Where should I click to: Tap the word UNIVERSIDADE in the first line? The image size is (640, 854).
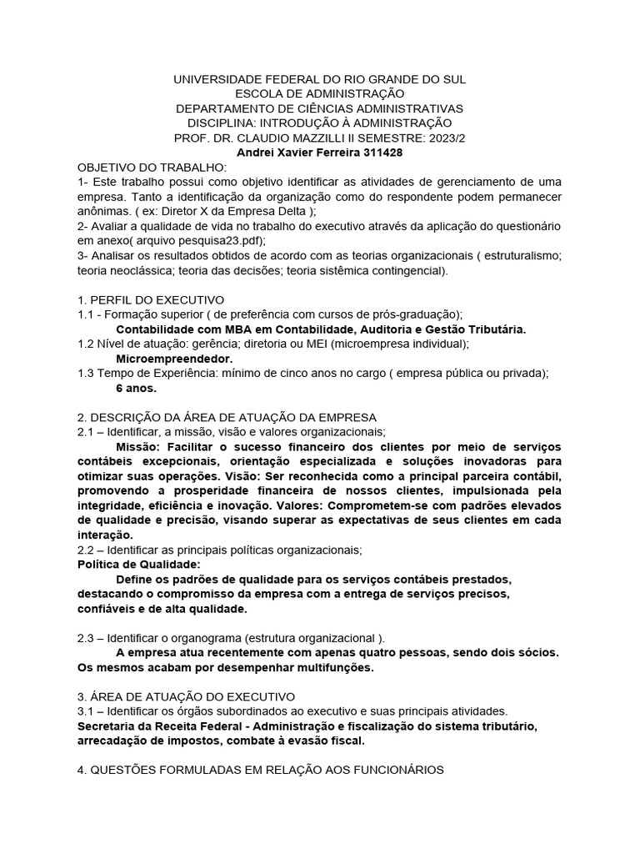point(215,78)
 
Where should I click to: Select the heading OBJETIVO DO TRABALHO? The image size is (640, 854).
point(146,168)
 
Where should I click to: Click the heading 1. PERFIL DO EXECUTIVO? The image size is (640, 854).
point(151,300)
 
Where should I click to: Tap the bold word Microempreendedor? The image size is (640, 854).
point(162,359)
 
